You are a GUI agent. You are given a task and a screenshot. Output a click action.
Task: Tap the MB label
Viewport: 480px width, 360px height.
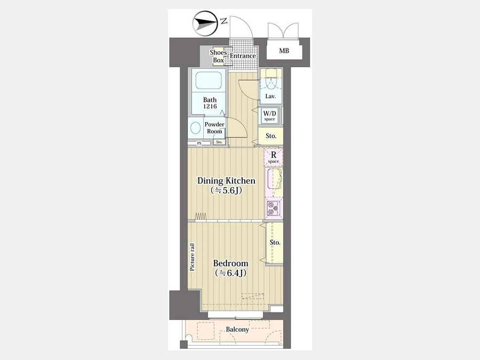[284, 51]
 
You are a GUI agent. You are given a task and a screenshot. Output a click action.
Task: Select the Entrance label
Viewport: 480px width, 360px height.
[243, 56]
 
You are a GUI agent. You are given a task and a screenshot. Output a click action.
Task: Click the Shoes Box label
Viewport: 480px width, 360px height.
[218, 57]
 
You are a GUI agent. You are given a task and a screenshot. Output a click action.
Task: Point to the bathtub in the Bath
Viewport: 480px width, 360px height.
[209, 81]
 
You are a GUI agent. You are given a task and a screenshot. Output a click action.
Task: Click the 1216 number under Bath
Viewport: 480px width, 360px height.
[210, 107]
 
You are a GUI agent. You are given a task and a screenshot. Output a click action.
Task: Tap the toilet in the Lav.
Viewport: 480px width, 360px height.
[271, 79]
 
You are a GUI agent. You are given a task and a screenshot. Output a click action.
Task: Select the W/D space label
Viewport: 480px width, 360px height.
[270, 115]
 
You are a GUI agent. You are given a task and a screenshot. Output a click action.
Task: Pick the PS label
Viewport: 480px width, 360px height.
[199, 143]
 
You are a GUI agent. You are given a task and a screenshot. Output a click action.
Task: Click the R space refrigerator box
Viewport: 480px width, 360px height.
[274, 157]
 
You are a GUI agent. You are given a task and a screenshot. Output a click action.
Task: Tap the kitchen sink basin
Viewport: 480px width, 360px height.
[274, 179]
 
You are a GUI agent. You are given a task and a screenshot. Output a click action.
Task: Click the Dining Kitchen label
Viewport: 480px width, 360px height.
[226, 181]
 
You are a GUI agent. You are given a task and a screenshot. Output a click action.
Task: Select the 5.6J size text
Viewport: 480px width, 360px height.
[227, 191]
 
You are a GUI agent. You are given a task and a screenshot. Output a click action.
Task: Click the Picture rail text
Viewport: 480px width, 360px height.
[192, 257]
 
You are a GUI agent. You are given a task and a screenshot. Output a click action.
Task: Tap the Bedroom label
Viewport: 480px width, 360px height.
[230, 263]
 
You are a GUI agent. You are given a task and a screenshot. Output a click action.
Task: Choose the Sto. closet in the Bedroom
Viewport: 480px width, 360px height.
[275, 243]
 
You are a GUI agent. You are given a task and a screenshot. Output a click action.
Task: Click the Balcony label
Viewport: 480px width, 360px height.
[237, 330]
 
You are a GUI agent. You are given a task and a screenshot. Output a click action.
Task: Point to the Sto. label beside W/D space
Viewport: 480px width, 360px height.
[271, 136]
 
